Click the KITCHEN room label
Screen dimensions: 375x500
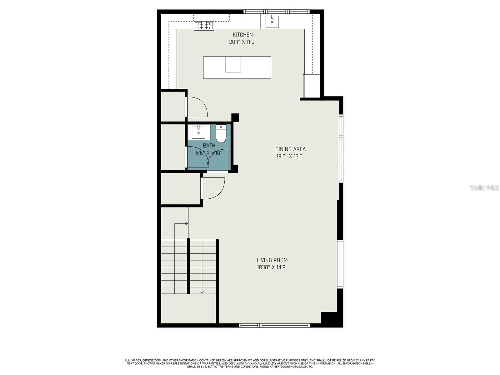tap(242, 35)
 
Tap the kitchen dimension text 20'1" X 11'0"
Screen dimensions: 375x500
tap(242, 42)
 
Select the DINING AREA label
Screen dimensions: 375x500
tap(290, 149)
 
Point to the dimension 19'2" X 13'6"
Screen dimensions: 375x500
tap(290, 156)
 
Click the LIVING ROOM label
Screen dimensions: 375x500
tap(272, 260)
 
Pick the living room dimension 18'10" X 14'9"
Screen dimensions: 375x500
tap(272, 267)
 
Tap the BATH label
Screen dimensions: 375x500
tap(209, 146)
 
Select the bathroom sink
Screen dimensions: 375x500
tap(199, 132)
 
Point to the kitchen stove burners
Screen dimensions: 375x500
tap(204, 26)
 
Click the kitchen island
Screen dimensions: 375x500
tap(237, 67)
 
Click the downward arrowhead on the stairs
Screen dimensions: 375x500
tap(202, 292)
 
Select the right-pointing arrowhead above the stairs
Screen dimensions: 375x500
tap(187, 223)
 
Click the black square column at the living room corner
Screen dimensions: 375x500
tap(329, 319)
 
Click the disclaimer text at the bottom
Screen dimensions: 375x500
tap(250, 363)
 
